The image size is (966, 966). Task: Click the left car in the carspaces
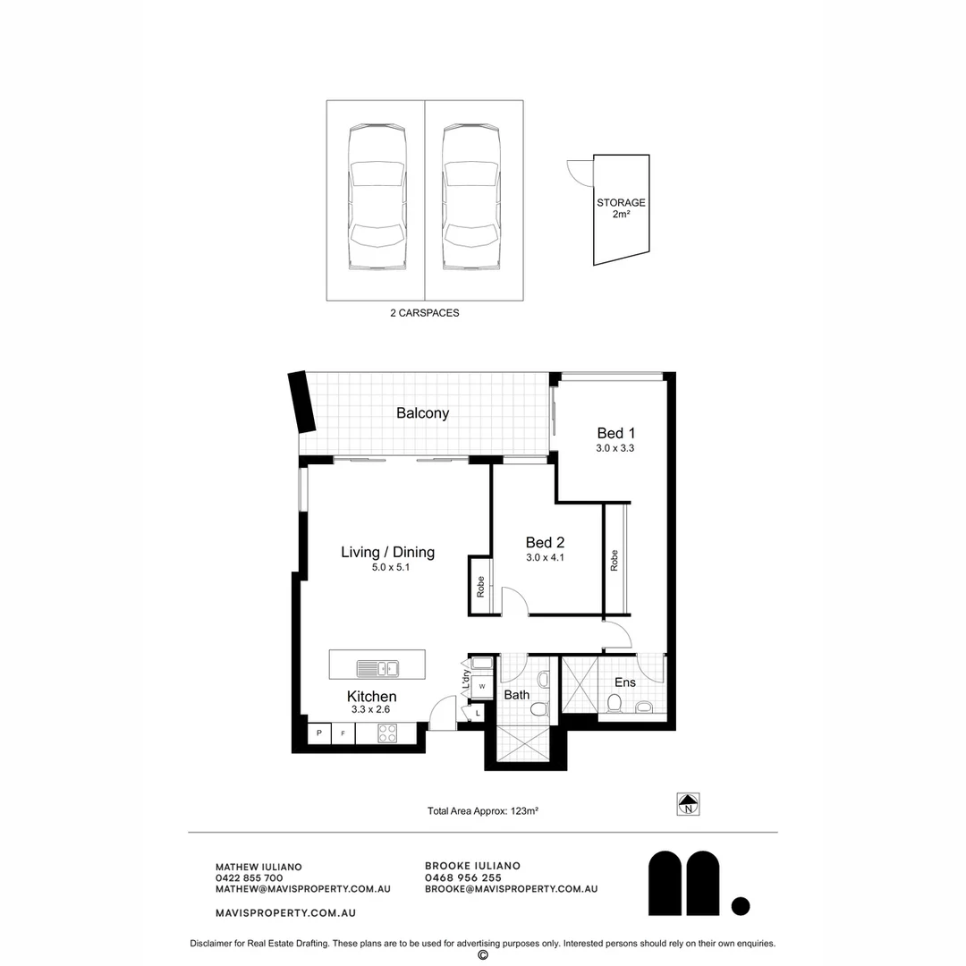[x=377, y=198]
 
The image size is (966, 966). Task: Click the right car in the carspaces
[x=471, y=198]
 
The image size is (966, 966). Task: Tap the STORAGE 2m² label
[x=621, y=208]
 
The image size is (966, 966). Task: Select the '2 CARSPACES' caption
[x=425, y=313]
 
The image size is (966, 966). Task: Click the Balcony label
[x=422, y=413]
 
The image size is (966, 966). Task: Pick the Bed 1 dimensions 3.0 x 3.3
[x=614, y=448]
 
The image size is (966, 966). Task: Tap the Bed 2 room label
[x=545, y=542]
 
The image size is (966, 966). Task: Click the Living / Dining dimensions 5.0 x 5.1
[x=387, y=566]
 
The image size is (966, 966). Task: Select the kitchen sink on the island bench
[x=377, y=667]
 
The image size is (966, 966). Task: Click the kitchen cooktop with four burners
[x=388, y=733]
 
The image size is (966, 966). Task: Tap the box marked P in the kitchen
[x=318, y=733]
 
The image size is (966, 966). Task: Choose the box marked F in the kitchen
[x=343, y=733]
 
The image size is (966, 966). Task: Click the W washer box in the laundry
[x=481, y=687]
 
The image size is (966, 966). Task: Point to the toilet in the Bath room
[x=538, y=708]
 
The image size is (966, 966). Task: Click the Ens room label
[x=624, y=682]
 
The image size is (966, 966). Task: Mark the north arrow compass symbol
[x=688, y=804]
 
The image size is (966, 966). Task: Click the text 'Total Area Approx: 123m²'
[x=482, y=811]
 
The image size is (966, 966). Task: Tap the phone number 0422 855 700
[x=250, y=877]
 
